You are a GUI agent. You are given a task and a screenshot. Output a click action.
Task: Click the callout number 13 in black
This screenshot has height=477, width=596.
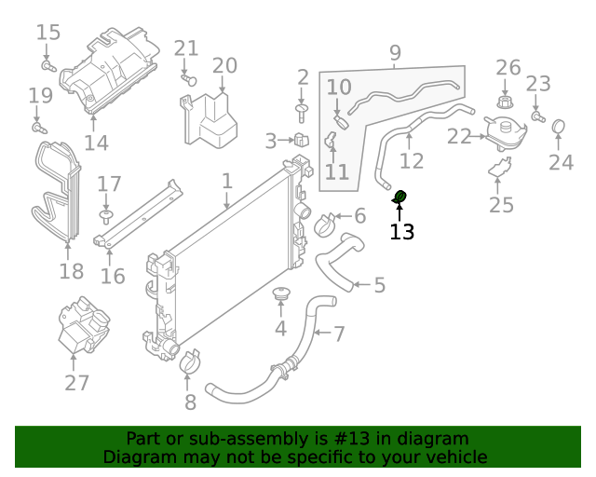click(401, 231)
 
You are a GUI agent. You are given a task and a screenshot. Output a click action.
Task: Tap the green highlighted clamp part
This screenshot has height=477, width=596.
click(400, 196)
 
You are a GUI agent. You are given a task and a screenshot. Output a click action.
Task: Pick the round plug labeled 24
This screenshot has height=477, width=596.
click(560, 126)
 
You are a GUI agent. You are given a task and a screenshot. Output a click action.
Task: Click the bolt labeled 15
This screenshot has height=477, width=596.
click(50, 66)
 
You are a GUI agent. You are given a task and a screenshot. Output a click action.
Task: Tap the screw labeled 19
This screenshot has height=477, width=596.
click(38, 126)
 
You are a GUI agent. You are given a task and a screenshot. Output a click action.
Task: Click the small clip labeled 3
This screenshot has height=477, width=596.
click(301, 142)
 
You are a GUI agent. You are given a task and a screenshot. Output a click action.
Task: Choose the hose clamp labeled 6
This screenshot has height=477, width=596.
click(326, 223)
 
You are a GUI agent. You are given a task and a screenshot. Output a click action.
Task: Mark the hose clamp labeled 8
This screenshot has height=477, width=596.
click(190, 361)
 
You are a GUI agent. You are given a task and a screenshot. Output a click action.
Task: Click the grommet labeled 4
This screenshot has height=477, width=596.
click(280, 296)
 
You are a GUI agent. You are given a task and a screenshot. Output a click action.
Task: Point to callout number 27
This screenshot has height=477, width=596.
click(76, 382)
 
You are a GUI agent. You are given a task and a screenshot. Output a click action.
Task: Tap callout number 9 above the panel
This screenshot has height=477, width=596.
click(395, 52)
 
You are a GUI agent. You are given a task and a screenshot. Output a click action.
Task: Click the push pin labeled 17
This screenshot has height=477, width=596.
click(106, 216)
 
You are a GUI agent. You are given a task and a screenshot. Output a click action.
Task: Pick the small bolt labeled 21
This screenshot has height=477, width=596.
click(189, 81)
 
